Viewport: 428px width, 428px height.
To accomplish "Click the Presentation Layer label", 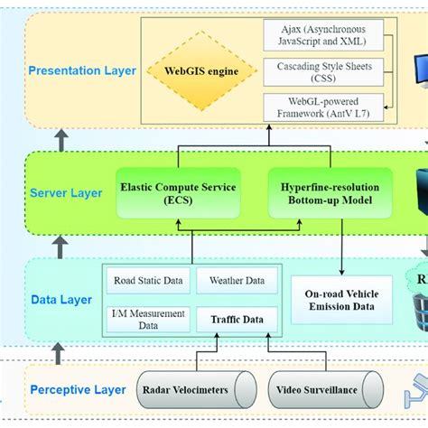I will coord(82,70).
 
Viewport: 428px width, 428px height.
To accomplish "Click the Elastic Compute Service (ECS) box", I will coord(178,193).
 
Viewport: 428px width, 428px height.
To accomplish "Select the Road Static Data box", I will coord(148,281).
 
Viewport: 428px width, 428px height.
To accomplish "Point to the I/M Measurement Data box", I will coord(147,319).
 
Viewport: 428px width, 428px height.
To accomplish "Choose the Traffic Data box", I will coord(237,319).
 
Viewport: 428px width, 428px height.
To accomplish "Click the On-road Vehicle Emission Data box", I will coord(340,299).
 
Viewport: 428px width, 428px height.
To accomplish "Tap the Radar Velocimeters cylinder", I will coord(190,390).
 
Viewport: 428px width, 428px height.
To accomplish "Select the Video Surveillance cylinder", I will coord(317,390).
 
